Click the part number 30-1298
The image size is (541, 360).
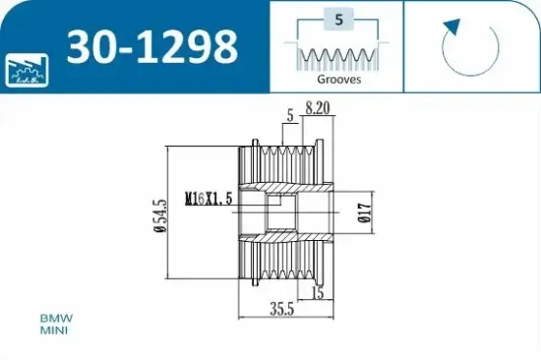coord(151,46)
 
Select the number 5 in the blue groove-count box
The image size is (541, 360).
coord(337,19)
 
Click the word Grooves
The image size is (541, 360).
coord(337,80)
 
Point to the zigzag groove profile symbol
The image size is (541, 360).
coord(337,56)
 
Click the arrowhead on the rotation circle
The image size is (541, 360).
coord(451,26)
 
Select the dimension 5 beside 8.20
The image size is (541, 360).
coord(290,115)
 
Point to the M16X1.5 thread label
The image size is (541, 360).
coord(208,198)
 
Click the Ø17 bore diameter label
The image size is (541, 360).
coord(364,213)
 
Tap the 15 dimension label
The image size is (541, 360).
coord(317,293)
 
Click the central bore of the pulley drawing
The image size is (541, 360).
coord(285,213)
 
